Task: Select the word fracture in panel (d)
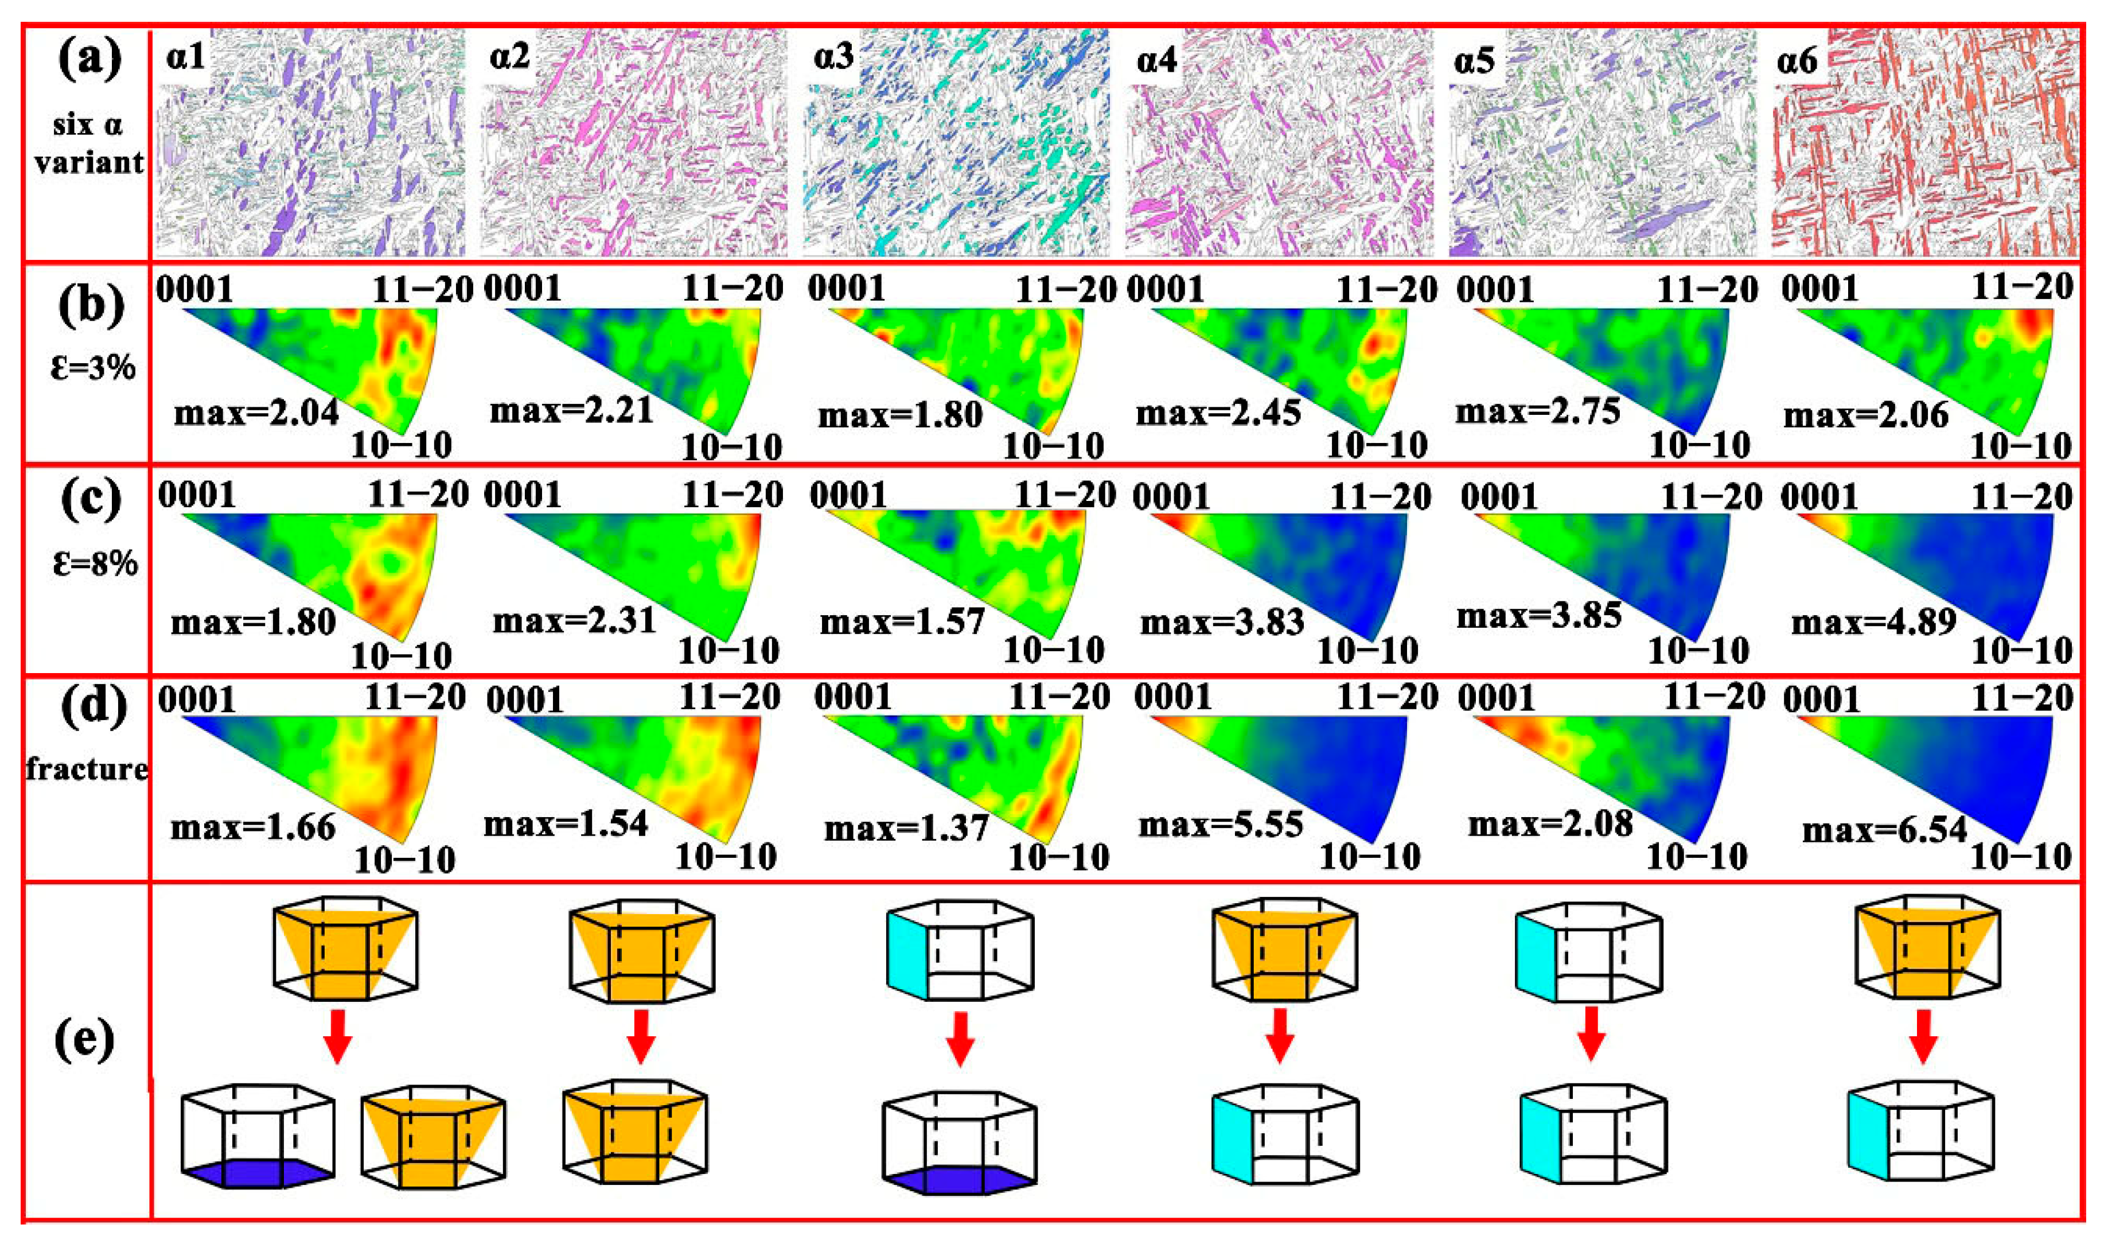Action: tap(87, 768)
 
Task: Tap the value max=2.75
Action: tap(1538, 411)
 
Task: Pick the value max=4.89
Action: tap(1874, 622)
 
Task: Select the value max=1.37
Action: tap(907, 829)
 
